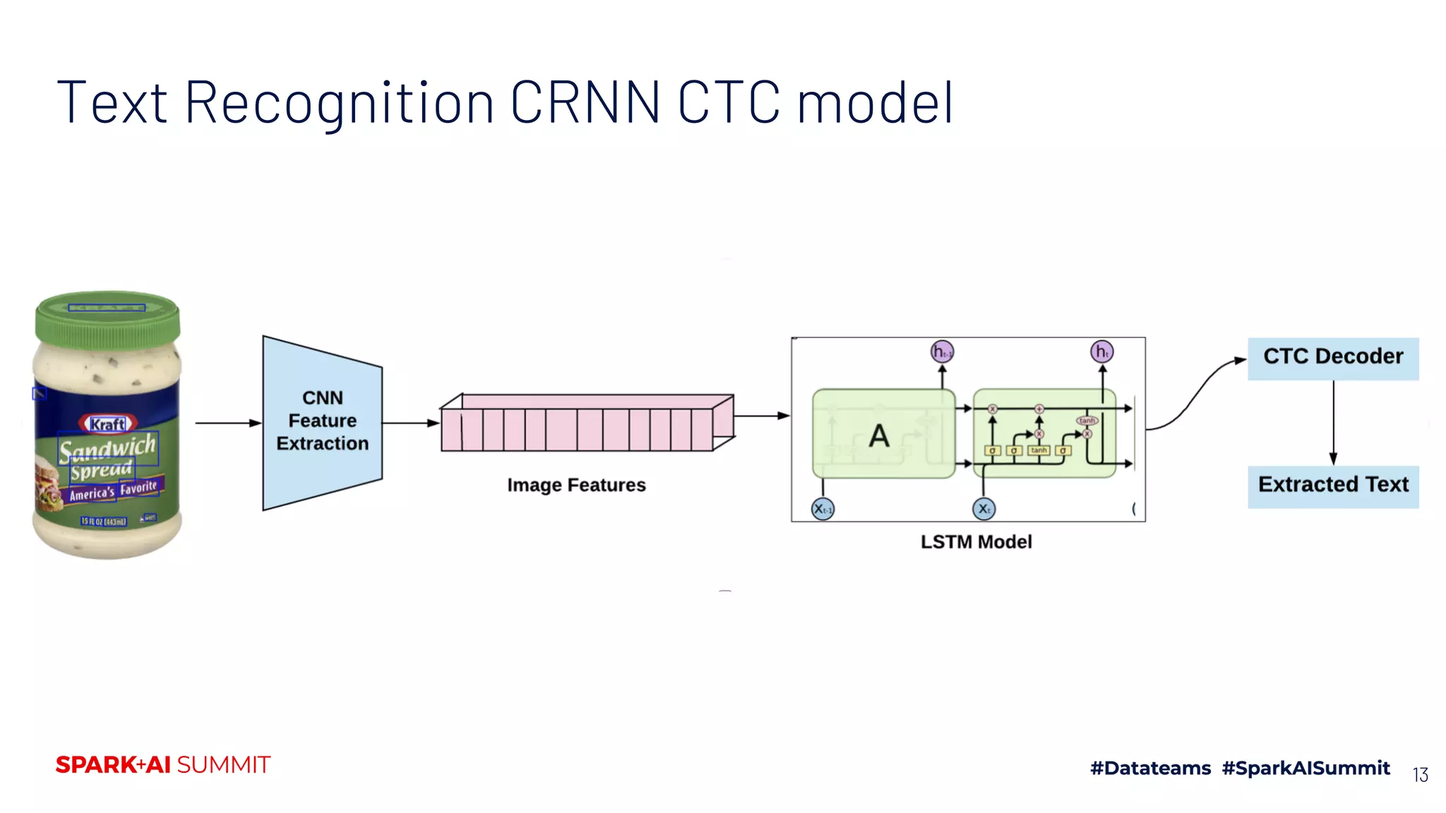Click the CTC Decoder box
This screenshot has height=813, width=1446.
click(x=1332, y=358)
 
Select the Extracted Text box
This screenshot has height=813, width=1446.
click(x=1332, y=486)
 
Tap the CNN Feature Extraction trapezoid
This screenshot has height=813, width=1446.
click(x=322, y=421)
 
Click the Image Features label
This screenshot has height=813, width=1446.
click(x=576, y=486)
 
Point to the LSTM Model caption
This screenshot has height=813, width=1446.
click(x=976, y=542)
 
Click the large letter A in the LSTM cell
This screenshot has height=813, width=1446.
click(x=879, y=436)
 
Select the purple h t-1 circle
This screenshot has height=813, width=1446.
click(x=942, y=351)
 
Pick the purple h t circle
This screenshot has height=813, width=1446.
click(x=1101, y=351)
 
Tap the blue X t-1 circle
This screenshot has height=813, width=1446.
click(x=823, y=509)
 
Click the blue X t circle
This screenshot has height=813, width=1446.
click(x=984, y=509)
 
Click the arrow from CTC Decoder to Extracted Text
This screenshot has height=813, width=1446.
click(x=1333, y=423)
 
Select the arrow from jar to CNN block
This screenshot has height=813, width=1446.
click(x=227, y=423)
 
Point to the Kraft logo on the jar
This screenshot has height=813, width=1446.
click(x=108, y=424)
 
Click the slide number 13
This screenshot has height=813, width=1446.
click(x=1420, y=775)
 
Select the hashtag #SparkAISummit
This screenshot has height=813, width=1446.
click(x=1305, y=768)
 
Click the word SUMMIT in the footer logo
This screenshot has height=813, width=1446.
click(x=223, y=765)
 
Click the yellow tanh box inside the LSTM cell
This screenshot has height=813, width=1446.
click(x=1039, y=450)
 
